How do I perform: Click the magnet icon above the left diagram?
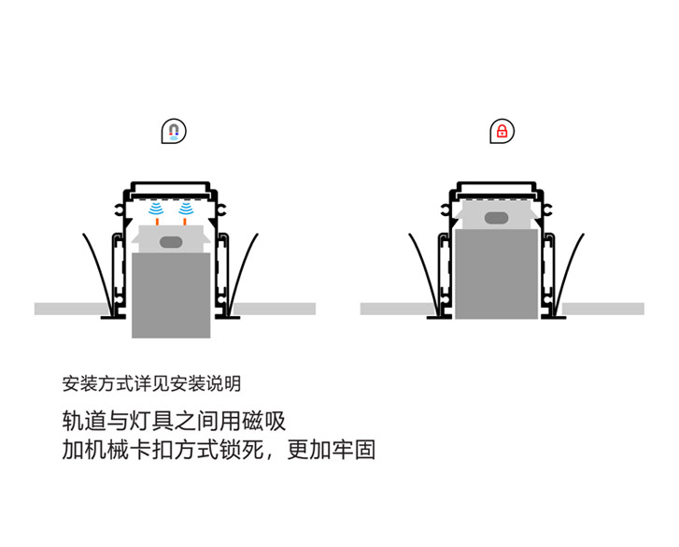[x=174, y=131]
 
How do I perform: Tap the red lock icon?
[x=502, y=131]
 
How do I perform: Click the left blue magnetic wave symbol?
[x=156, y=209]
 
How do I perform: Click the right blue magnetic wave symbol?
[x=186, y=209]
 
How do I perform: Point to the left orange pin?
[x=157, y=221]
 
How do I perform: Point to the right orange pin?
[x=185, y=221]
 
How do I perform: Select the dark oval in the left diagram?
[x=171, y=242]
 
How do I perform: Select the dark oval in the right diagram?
[x=496, y=218]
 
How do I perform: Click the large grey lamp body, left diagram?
[x=171, y=295]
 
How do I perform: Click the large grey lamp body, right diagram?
[x=496, y=274]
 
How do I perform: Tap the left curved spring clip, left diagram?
[x=96, y=268]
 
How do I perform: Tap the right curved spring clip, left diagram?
[x=243, y=268]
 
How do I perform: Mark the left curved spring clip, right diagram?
[x=422, y=268]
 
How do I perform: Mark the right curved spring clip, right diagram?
[x=570, y=268]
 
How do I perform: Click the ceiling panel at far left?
[x=72, y=309]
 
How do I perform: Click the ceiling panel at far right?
[x=602, y=309]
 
